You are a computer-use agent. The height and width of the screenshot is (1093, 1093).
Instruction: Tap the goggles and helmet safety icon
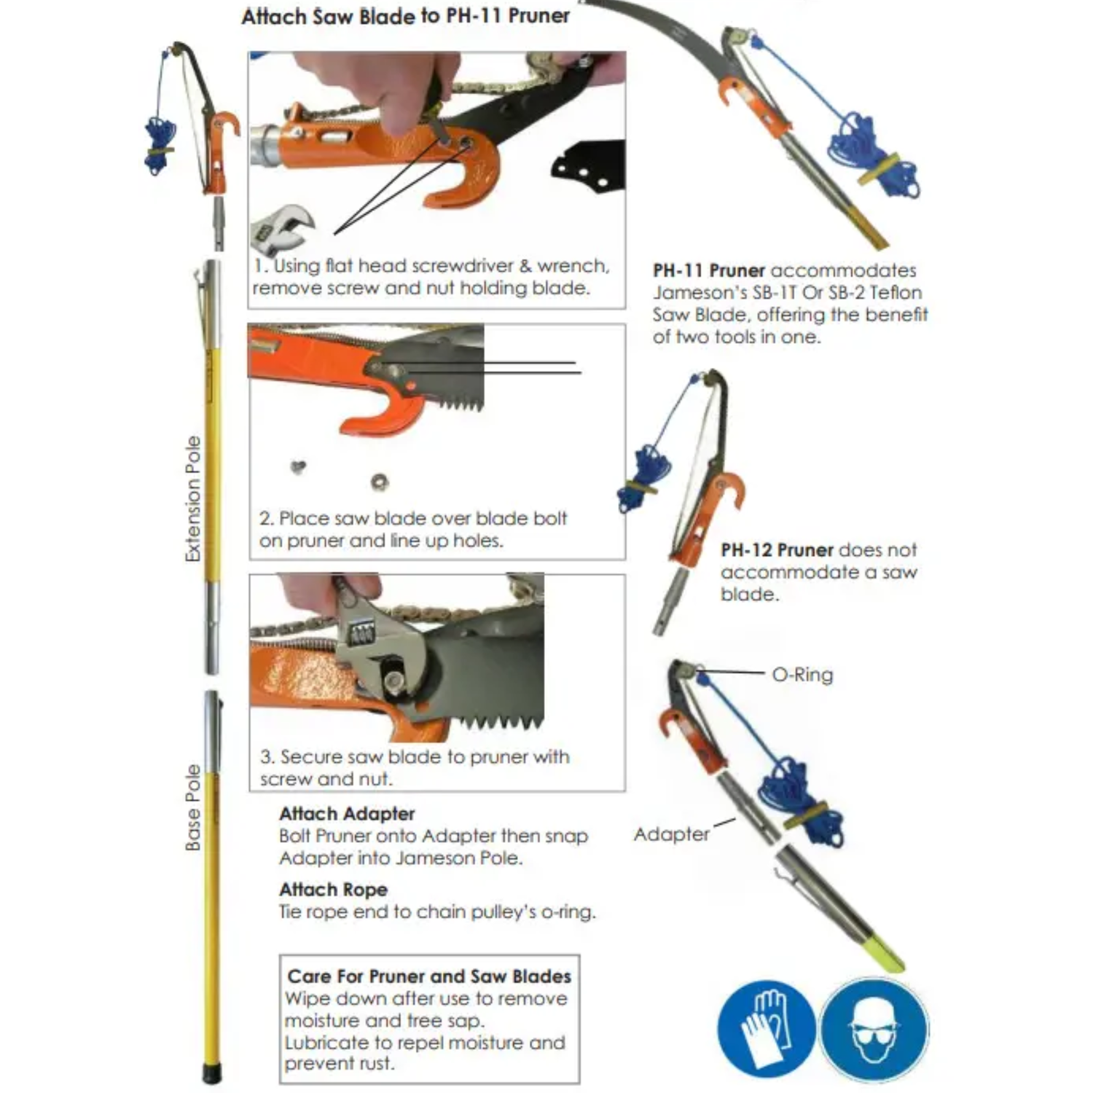(x=874, y=1029)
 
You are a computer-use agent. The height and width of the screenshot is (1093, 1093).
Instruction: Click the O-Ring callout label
(x=802, y=675)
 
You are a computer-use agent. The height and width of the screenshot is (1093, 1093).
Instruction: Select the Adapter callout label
(x=671, y=834)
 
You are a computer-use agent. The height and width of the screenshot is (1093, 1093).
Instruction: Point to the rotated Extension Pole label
(x=193, y=499)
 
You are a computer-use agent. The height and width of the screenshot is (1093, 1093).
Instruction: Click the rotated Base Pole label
(x=193, y=807)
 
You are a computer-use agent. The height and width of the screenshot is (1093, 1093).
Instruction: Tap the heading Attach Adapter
(x=347, y=813)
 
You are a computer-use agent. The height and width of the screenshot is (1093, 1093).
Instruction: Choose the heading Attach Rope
(x=333, y=889)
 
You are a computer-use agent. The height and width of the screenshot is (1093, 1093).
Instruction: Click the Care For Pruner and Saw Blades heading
(x=429, y=976)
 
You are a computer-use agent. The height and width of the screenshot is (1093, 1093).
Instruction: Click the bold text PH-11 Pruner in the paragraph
(x=708, y=270)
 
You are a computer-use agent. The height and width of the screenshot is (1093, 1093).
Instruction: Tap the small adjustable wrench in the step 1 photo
(x=283, y=227)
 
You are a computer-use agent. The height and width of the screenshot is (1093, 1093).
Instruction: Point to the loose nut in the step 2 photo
(x=379, y=481)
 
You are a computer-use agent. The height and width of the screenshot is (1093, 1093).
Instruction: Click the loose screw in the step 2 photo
(x=298, y=466)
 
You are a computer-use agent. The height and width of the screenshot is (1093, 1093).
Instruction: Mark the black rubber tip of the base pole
(x=211, y=1074)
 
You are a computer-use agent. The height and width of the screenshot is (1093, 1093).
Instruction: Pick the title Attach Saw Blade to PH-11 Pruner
(x=405, y=16)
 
